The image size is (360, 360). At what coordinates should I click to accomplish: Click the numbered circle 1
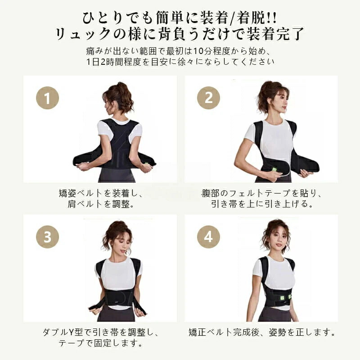coord(48,98)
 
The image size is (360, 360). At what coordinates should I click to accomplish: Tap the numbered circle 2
coord(208,98)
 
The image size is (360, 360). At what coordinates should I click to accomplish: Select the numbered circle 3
coord(48,237)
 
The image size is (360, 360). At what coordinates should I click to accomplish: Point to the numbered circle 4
coord(208,237)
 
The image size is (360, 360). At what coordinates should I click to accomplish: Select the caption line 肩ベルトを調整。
coord(100,204)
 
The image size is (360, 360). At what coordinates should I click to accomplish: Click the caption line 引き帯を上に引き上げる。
coord(262,204)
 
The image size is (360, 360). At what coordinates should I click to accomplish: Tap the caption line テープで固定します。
coord(100,343)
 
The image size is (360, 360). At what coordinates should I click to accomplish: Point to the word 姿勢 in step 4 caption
coord(278,332)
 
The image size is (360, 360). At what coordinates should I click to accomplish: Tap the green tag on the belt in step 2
coord(274,170)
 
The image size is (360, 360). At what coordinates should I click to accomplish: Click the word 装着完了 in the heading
coord(275,34)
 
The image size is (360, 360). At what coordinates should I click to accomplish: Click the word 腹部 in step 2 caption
coord(211,193)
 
